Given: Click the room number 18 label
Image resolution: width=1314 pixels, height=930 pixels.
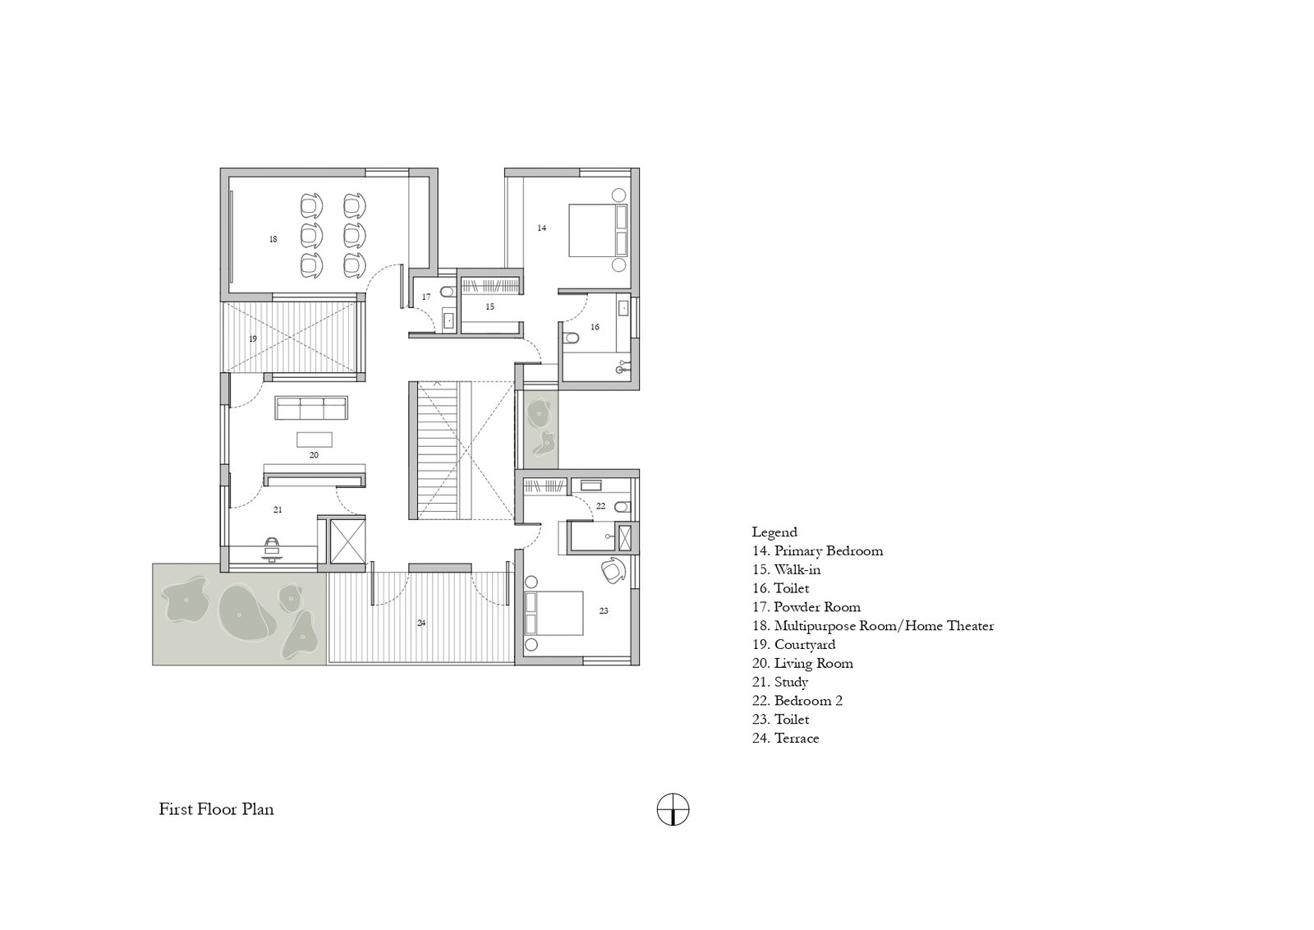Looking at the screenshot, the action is tap(273, 239).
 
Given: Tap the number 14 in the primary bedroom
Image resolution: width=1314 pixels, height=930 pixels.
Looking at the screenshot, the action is tap(541, 228).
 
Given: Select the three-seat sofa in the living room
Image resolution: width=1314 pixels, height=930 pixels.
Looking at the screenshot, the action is tap(311, 407).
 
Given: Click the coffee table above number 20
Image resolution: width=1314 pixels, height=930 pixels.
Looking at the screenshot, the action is tap(314, 440).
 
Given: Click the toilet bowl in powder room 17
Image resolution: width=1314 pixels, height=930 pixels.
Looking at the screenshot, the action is tap(448, 292).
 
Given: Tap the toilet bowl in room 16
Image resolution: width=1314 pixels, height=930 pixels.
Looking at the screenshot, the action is tap(570, 338).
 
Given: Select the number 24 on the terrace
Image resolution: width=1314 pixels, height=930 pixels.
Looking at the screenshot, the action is tap(421, 623).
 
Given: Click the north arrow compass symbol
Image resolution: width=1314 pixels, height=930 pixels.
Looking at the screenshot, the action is tap(673, 810).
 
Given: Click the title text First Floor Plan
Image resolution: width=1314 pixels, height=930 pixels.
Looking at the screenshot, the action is tap(217, 809).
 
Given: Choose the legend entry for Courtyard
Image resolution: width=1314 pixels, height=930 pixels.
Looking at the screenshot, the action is tap(793, 644).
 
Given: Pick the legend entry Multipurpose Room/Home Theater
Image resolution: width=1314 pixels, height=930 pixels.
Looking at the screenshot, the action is tap(873, 625).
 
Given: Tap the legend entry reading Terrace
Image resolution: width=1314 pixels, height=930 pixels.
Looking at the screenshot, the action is tap(785, 738).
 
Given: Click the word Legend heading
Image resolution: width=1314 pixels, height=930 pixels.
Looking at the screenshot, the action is tap(774, 532).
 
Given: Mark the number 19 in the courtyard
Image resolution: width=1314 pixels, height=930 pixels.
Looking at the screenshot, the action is tap(253, 339).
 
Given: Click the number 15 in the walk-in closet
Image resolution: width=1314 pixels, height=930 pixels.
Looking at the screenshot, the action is tap(489, 306).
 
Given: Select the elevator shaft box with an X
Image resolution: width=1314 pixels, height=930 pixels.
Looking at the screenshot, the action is tap(347, 541).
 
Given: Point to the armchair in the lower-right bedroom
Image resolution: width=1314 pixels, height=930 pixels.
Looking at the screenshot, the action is tap(613, 570).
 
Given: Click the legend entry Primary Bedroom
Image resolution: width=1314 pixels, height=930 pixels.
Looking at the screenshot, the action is tap(817, 551).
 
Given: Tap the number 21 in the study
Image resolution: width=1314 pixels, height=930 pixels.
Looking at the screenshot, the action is tap(278, 510).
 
